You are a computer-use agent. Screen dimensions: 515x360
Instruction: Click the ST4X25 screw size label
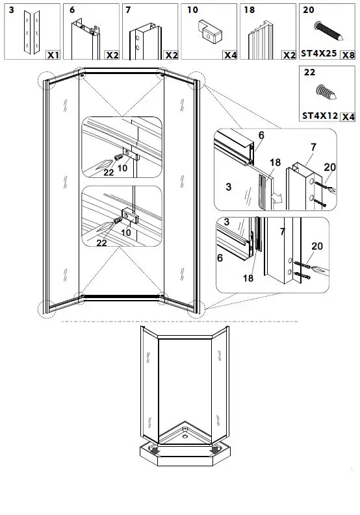pos(319,55)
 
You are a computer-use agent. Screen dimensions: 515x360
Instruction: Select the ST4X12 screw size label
pos(320,116)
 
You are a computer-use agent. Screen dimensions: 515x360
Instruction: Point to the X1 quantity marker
pos(53,55)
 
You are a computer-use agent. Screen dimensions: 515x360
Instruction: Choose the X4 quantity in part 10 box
pos(229,55)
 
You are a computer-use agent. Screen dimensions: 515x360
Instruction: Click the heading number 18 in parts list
pos(250,10)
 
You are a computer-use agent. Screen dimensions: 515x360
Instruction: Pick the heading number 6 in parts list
pos(73,10)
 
